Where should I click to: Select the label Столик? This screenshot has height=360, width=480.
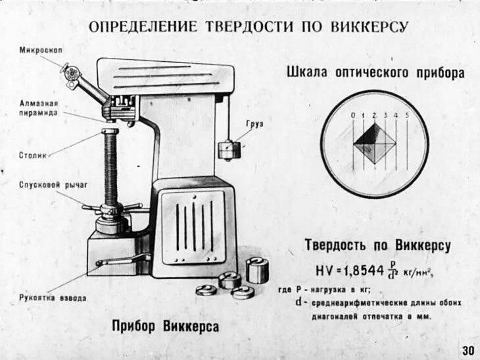coord(33,156)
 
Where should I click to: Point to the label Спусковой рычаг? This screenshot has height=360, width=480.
coord(44,185)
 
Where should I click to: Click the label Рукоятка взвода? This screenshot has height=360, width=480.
coord(53,298)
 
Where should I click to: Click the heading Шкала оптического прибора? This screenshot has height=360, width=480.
coord(375,72)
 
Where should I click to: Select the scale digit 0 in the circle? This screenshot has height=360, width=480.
coord(353,116)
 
